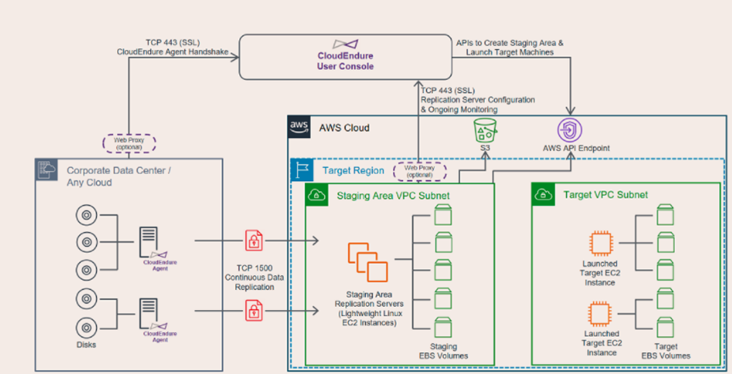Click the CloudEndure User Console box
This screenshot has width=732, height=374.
345,56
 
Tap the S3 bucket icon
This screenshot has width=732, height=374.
484,131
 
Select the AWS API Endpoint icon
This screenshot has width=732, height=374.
570,131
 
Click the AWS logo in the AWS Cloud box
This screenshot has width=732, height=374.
299,127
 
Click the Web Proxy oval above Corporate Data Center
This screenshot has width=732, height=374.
129,143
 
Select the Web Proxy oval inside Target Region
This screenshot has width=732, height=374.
419,171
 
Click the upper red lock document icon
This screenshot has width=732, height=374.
253,241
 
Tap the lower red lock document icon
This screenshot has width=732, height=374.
253,310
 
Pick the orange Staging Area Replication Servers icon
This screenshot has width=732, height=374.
368,262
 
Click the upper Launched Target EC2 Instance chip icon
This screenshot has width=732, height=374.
600,243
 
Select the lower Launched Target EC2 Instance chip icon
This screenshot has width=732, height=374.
600,312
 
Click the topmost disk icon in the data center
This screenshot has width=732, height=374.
87,215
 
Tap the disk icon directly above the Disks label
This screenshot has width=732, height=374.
87,325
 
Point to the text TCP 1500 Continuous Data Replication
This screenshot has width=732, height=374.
254,277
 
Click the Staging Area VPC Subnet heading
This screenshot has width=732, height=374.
393,195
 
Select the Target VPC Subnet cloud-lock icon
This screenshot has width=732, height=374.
544,194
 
